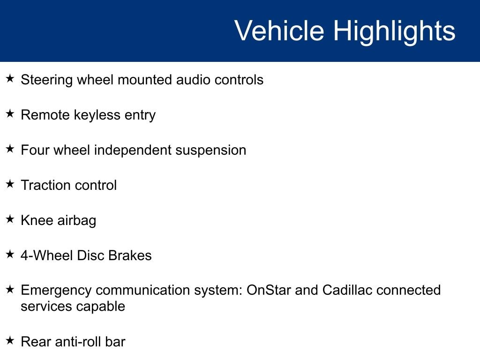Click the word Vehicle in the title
(279, 30)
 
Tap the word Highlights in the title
(394, 32)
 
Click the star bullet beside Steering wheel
(10, 78)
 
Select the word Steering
(46, 80)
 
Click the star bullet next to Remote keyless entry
(10, 113)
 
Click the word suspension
(210, 151)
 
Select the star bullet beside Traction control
(10, 184)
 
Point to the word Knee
(37, 220)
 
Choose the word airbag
(76, 221)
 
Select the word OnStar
(269, 290)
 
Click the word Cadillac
(347, 290)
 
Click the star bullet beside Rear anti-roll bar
(10, 340)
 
